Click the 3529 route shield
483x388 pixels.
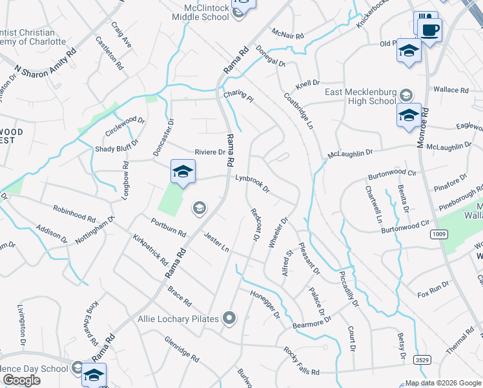coord(422,359)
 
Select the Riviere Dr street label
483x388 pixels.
coord(209,153)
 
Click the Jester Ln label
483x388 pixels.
coord(216,242)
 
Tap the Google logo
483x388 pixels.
coord(21,380)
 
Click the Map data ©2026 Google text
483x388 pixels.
coord(442,383)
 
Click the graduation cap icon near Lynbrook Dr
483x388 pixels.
coord(183,171)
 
